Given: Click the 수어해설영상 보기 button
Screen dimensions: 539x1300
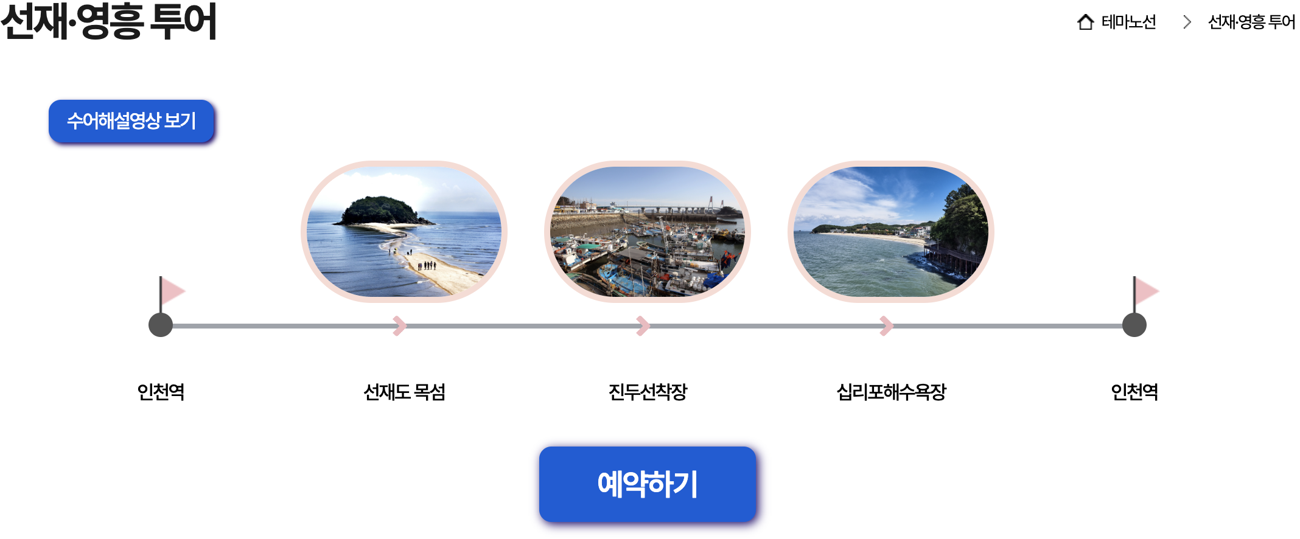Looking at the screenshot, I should point(131,121).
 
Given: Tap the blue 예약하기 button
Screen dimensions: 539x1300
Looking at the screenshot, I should point(647,484).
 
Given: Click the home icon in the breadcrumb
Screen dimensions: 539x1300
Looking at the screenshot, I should point(1085,23).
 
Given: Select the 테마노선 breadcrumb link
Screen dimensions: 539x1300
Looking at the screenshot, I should point(1128,23).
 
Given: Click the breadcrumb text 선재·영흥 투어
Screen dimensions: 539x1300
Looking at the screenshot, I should point(1251,23).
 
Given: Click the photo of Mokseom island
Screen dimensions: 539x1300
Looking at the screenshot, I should point(404,232).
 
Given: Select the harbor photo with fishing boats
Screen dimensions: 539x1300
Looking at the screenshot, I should point(648,232).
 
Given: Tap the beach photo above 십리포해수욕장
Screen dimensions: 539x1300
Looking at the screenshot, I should point(891,232).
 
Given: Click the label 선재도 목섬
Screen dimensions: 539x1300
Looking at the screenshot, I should point(404,392).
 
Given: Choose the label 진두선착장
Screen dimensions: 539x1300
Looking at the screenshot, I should point(648,392).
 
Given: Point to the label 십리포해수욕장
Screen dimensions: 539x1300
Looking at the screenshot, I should point(891,392).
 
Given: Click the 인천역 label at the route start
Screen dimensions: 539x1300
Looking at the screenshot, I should point(161,392).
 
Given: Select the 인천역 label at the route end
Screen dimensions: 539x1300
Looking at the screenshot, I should point(1134,392).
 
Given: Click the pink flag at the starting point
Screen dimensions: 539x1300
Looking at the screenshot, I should point(172,291).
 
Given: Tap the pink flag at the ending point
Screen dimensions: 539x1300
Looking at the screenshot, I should point(1145,291).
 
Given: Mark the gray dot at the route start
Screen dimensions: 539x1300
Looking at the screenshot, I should point(161,325).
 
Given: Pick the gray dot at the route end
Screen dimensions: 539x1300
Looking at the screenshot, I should point(1134,325).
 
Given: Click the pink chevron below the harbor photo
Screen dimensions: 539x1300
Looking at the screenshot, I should point(643,325).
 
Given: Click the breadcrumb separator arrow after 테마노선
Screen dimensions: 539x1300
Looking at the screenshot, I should point(1187,23).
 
